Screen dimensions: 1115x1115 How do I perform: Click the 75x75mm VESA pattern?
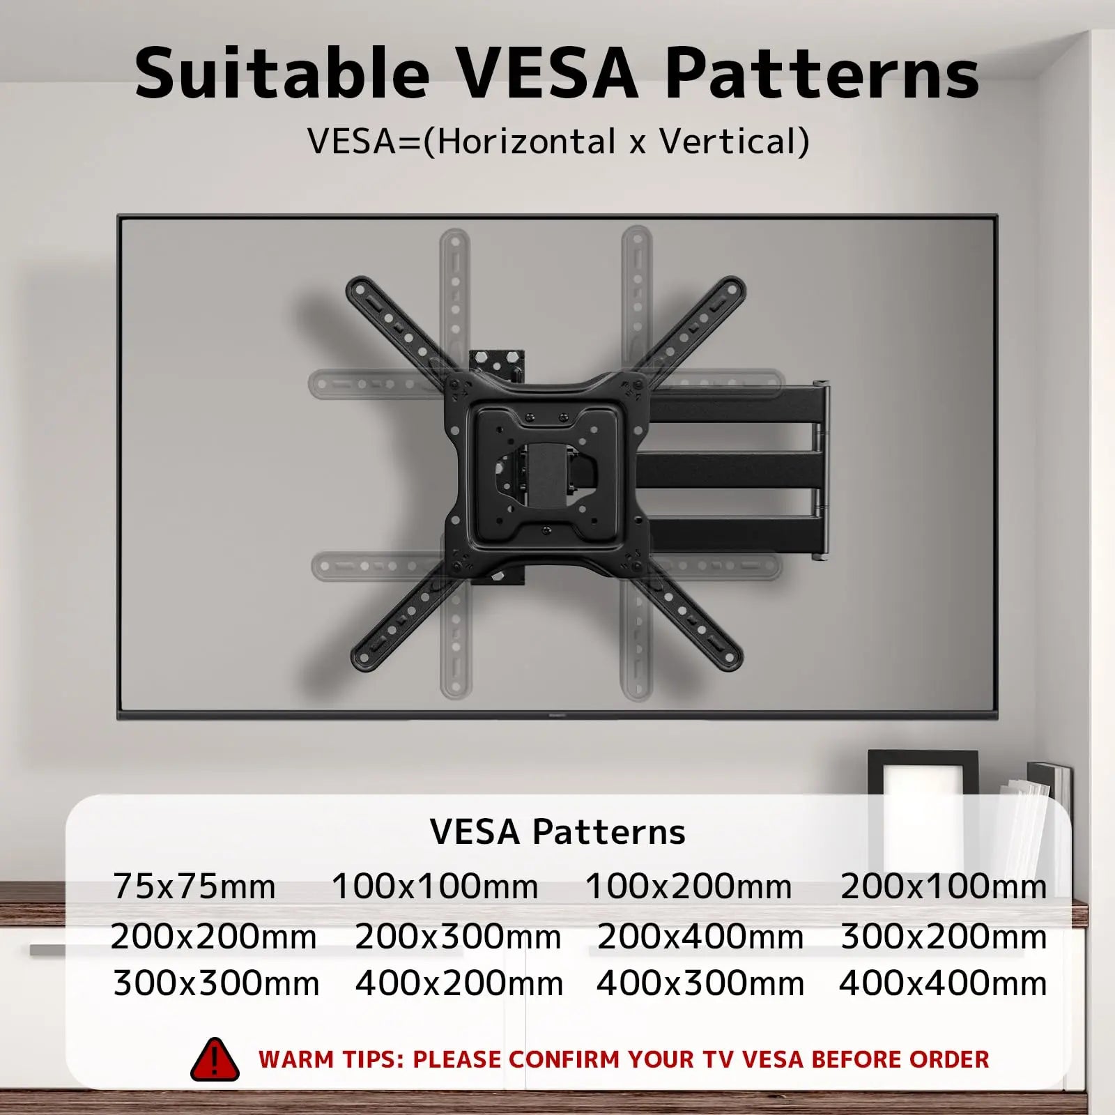pyautogui.click(x=194, y=887)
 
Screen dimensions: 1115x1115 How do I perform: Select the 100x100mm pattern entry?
pyautogui.click(x=435, y=887)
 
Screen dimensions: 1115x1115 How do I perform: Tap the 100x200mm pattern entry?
pyautogui.click(x=689, y=887)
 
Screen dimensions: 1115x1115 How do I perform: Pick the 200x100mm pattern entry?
pyautogui.click(x=944, y=887)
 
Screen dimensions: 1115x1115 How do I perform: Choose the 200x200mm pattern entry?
pyautogui.click(x=213, y=937)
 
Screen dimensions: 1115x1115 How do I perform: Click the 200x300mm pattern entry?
pyautogui.click(x=458, y=937)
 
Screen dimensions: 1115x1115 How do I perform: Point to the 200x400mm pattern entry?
pyautogui.click(x=700, y=937)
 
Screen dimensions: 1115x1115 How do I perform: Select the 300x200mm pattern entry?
pyautogui.click(x=944, y=937)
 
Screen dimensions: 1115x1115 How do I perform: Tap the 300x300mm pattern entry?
pyautogui.click(x=216, y=984)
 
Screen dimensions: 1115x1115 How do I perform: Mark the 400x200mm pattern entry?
pyautogui.click(x=459, y=984)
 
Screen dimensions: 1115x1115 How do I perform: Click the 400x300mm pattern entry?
pyautogui.click(x=700, y=984)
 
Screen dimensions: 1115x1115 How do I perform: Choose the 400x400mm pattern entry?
pyautogui.click(x=943, y=984)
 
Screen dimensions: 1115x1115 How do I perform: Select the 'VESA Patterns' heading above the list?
pyautogui.click(x=557, y=831)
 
